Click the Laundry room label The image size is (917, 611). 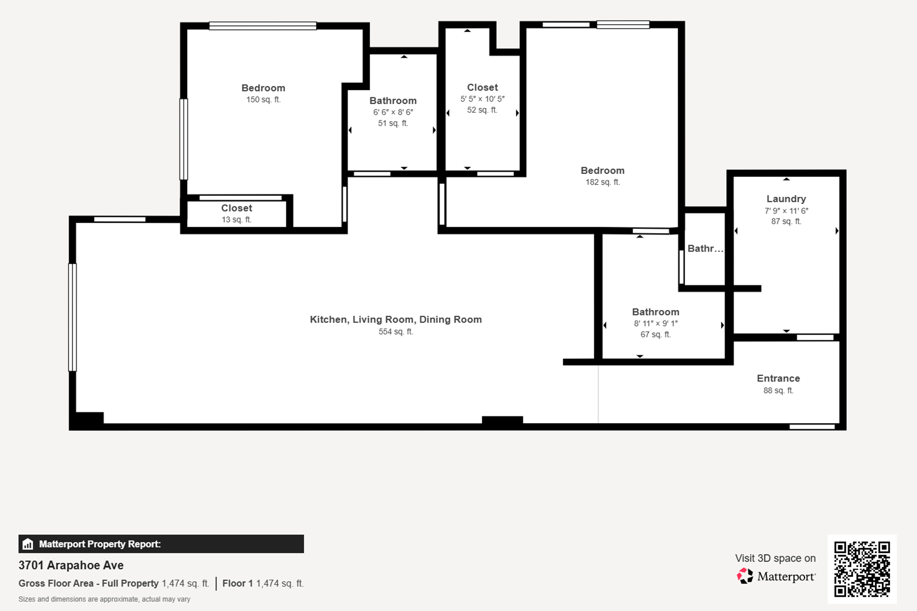786,199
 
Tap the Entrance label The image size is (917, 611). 778,378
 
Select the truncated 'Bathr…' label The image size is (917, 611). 705,249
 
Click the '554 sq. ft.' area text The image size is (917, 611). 396,331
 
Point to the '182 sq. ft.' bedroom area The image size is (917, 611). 603,182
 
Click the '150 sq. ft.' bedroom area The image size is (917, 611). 263,99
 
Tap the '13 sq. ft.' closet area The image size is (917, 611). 236,220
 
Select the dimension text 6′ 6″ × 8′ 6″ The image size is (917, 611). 393,112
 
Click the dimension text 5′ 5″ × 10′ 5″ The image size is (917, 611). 482,99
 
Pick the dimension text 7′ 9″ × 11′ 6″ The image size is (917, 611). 786,211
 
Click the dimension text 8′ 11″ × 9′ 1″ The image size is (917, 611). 656,323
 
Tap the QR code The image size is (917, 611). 862,569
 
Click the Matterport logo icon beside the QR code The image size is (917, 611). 745,576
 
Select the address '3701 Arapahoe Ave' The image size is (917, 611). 71,565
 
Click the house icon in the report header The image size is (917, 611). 28,544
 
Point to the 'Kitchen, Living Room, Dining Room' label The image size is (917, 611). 396,319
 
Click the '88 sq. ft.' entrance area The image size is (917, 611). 778,390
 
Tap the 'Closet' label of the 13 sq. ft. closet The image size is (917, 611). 236,208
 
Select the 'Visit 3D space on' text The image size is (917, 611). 775,558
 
